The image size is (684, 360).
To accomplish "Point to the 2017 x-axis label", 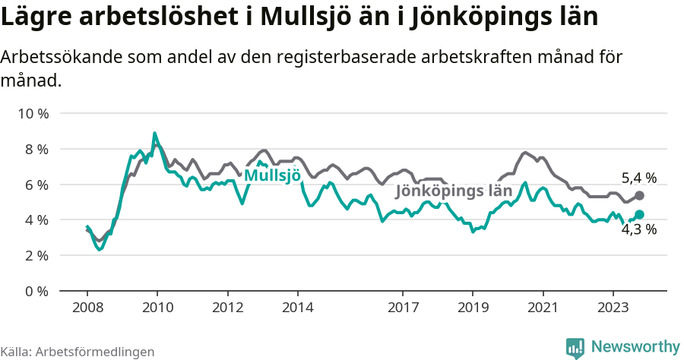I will pyautogui.click(x=403, y=308).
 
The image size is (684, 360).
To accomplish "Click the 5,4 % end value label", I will pyautogui.click(x=638, y=178).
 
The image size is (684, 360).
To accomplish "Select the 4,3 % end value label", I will pyautogui.click(x=638, y=229).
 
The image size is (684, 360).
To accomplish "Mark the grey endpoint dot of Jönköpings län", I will pyautogui.click(x=639, y=196).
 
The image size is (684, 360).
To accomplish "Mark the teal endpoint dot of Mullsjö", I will pyautogui.click(x=639, y=215).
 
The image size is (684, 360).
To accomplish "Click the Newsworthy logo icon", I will pyautogui.click(x=575, y=347).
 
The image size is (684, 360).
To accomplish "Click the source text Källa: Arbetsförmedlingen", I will pyautogui.click(x=77, y=352).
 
